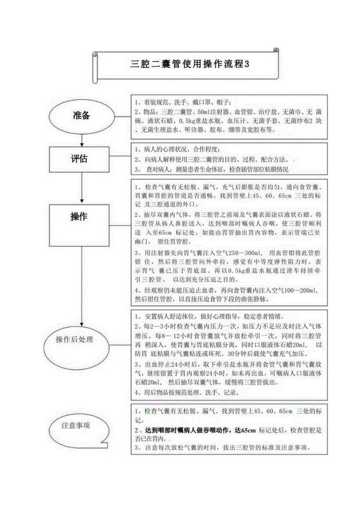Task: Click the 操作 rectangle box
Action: coord(79,217)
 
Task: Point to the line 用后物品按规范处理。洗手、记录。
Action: coord(189,392)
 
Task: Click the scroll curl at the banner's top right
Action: coord(276,50)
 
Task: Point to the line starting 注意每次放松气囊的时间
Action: coord(225,448)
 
